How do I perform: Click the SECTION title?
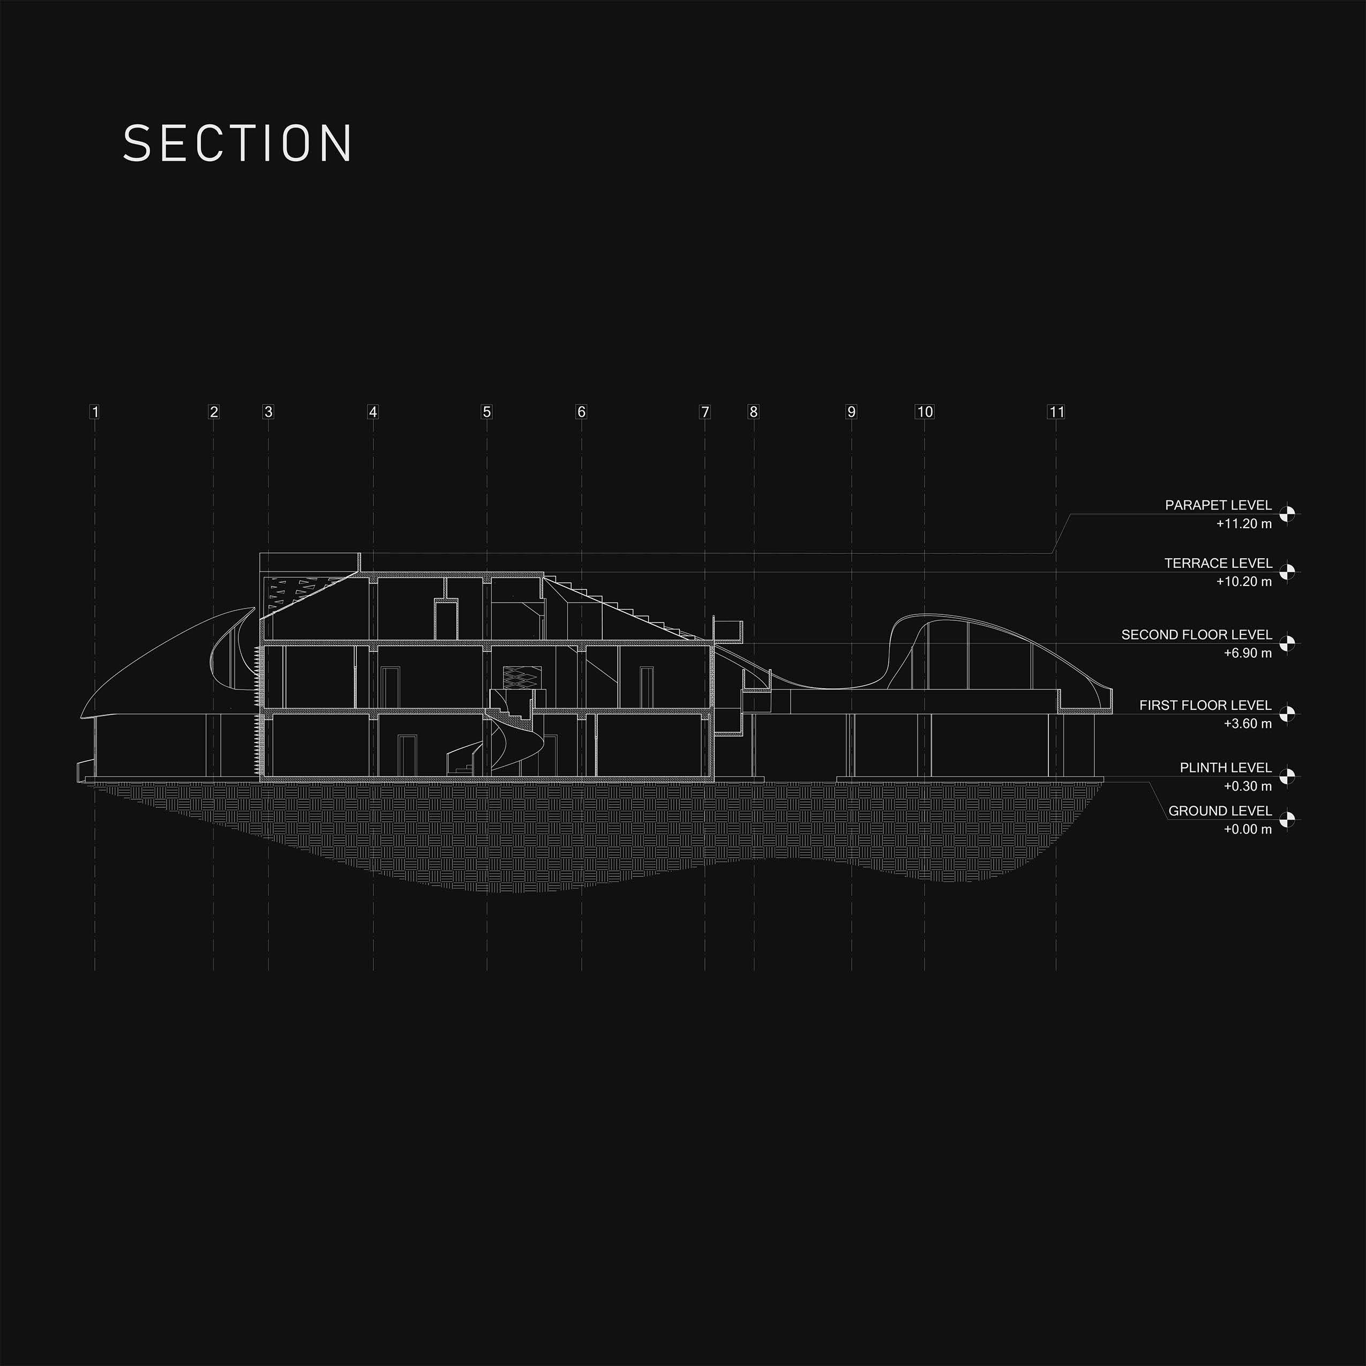pos(237,144)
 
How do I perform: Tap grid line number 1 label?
pos(95,411)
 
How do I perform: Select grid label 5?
pos(486,411)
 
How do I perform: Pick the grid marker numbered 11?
pos(1056,411)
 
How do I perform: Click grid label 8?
pos(754,411)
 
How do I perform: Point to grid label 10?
pos(924,411)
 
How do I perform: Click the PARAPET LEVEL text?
pos(1218,506)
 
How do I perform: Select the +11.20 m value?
pos(1244,524)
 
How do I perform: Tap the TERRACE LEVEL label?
pos(1218,564)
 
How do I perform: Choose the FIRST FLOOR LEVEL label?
pos(1205,705)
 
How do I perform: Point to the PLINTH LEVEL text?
pos(1225,767)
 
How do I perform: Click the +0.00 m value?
pos(1248,829)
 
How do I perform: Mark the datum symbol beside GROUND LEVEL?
pos(1287,820)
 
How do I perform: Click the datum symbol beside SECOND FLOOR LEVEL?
pos(1287,643)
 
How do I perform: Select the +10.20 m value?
pos(1244,582)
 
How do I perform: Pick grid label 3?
pos(268,411)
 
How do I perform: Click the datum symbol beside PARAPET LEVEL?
pos(1287,514)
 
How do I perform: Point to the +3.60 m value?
pos(1248,723)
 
